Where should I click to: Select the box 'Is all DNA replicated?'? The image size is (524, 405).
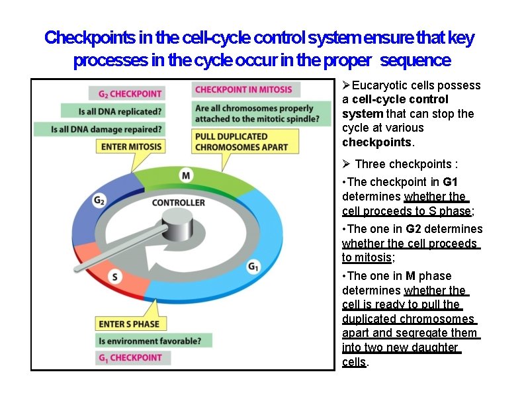pos(112,111)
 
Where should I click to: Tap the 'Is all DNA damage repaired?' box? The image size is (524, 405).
pos(107,128)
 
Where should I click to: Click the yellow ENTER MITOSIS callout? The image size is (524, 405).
pos(130,146)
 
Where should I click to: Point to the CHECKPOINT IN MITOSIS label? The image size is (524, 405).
pos(246,89)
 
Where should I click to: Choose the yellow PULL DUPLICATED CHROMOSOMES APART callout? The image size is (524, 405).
pos(241,141)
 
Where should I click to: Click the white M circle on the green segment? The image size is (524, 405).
pos(186,175)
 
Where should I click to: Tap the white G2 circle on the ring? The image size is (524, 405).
pos(100,200)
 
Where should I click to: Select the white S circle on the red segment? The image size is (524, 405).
pos(115,277)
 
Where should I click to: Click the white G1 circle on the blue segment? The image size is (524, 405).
pos(253,266)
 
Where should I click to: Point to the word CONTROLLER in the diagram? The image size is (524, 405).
pos(178,202)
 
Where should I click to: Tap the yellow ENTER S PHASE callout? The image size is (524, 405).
pos(129,324)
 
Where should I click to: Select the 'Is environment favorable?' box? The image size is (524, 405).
pos(154,341)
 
